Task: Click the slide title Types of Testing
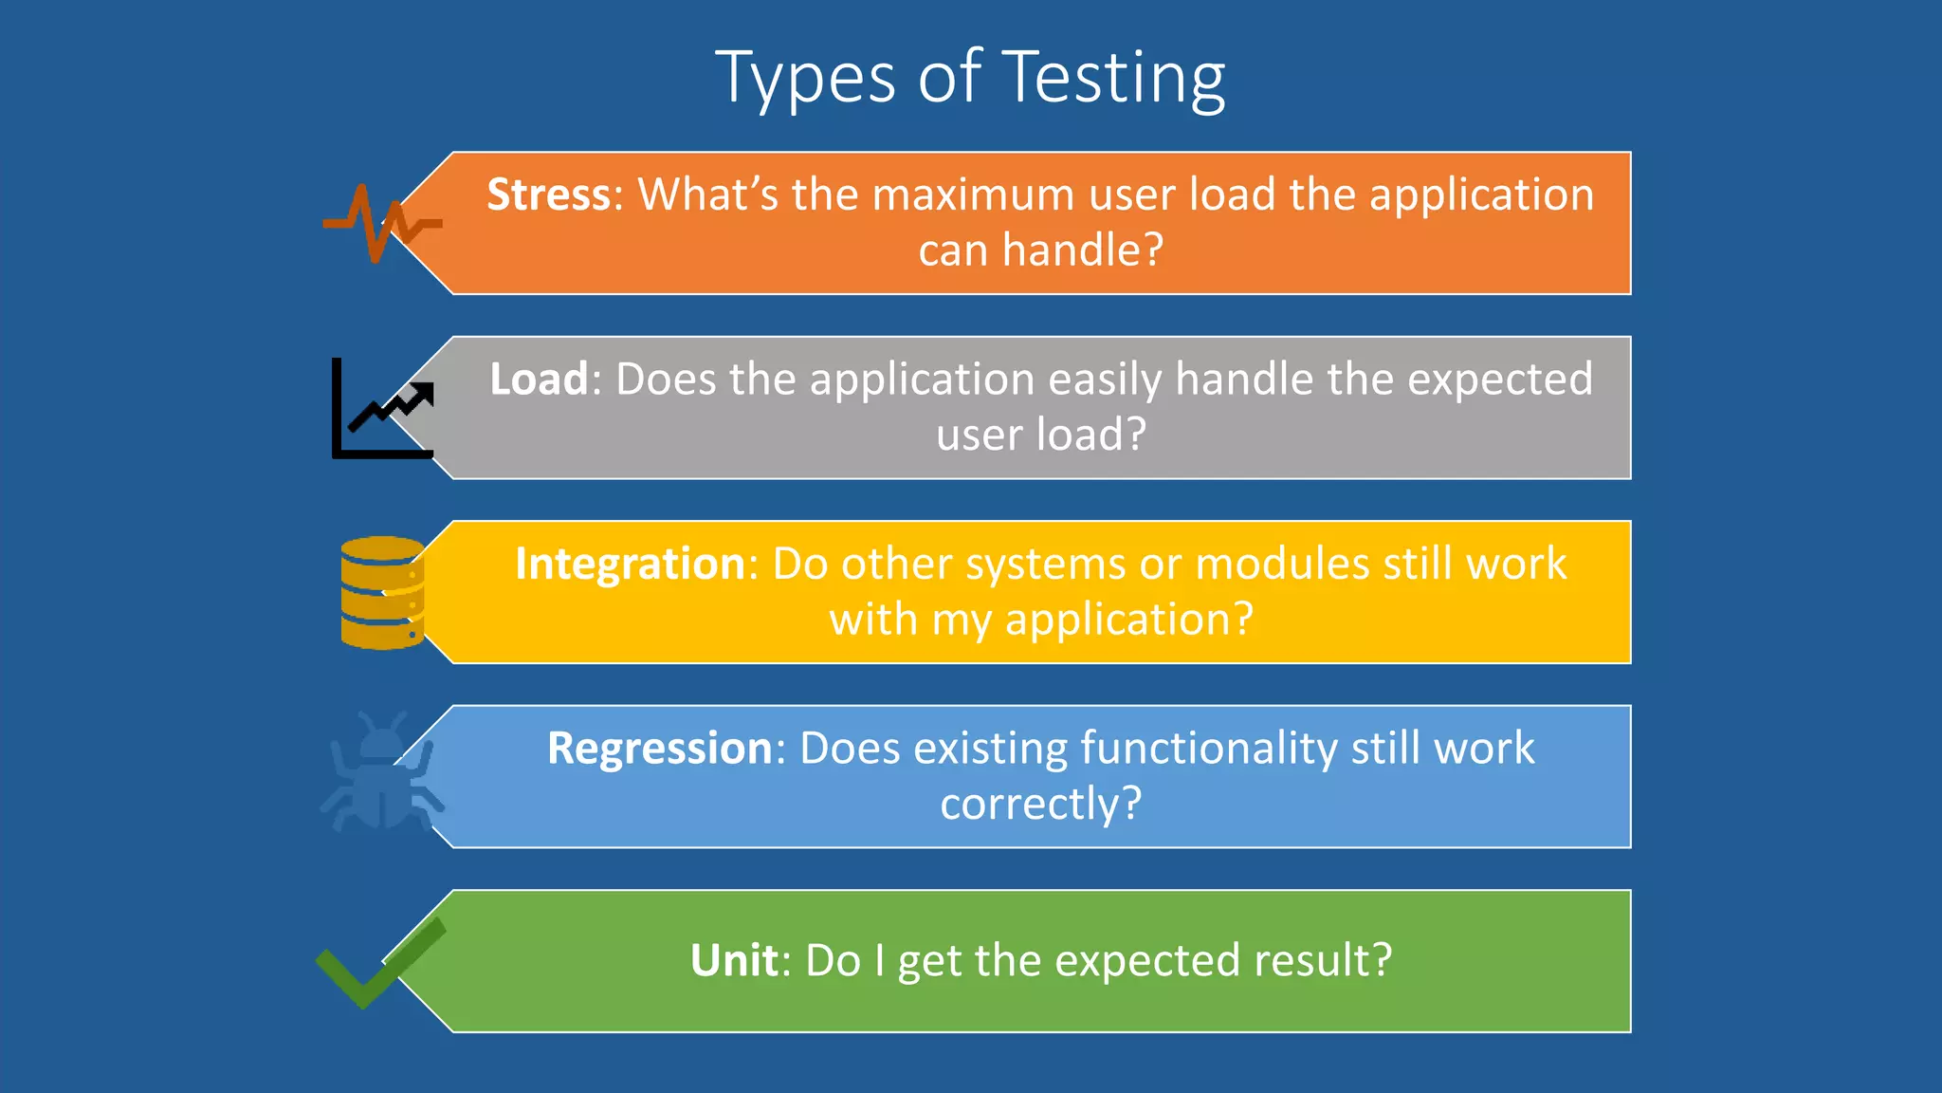click(x=970, y=78)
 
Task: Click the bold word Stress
click(x=549, y=195)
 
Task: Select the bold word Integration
click(x=631, y=564)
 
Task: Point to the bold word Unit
click(x=734, y=960)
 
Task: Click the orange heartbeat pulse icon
click(x=380, y=224)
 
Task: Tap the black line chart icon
click(x=382, y=409)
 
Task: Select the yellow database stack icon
click(x=382, y=593)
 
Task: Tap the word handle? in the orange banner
click(x=1083, y=250)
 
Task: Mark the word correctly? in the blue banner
click(x=1040, y=805)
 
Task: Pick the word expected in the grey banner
click(x=1500, y=380)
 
